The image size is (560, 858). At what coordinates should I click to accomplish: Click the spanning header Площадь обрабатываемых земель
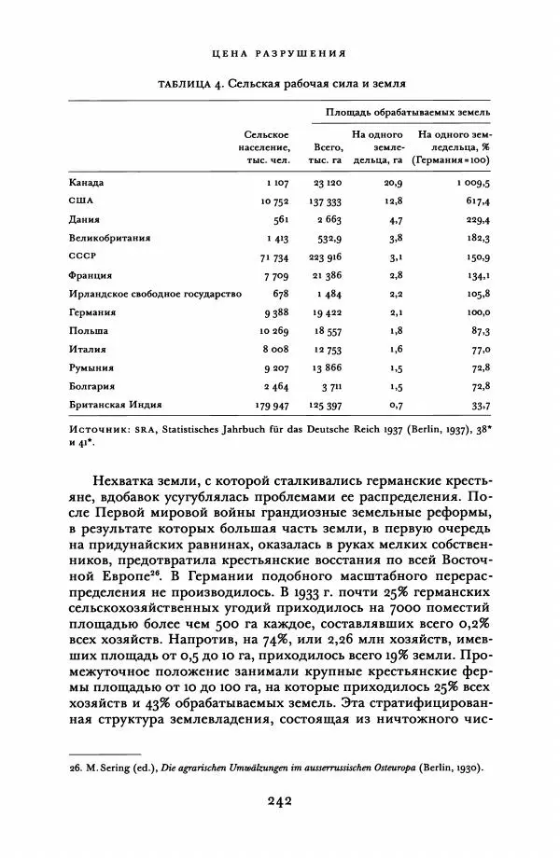(408, 113)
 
